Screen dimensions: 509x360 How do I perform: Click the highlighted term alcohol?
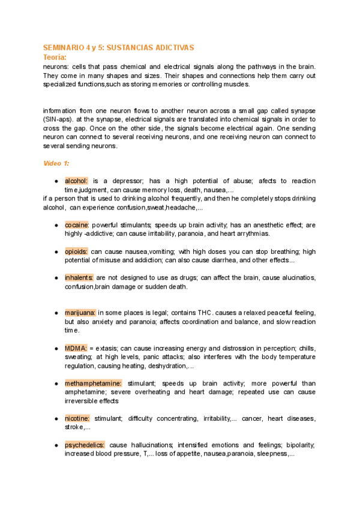click(x=76, y=181)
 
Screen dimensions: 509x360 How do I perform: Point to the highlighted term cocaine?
click(x=77, y=225)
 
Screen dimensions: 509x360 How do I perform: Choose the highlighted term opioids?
click(x=76, y=251)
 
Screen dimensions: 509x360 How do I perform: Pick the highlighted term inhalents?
click(x=79, y=278)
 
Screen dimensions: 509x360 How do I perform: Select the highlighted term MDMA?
click(x=76, y=348)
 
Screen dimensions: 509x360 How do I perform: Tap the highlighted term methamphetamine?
click(x=93, y=383)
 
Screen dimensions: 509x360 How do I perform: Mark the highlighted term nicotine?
click(x=77, y=418)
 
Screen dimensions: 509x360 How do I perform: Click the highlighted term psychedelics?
click(x=85, y=445)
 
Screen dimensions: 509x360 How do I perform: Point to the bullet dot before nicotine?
click(x=56, y=418)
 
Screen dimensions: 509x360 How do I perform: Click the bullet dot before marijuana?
click(x=56, y=313)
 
